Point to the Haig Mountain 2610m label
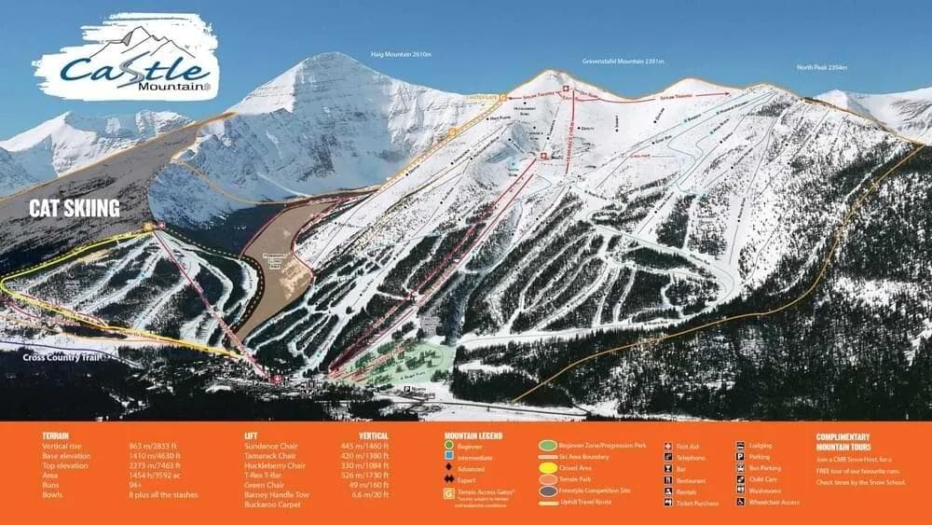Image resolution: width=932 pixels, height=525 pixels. (401, 55)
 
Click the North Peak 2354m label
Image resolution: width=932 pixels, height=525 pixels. (821, 67)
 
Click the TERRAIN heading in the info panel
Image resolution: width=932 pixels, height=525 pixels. (57, 435)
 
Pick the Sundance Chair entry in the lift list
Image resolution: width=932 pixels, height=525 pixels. (271, 447)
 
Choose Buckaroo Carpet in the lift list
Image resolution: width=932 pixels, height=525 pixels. (272, 506)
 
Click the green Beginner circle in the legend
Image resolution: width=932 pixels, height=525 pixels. (451, 447)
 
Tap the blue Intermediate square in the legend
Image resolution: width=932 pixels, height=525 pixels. (451, 458)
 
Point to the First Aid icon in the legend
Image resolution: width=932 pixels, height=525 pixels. (669, 447)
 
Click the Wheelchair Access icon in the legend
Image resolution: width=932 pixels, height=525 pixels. (740, 503)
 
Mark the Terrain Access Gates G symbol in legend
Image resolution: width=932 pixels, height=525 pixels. (450, 490)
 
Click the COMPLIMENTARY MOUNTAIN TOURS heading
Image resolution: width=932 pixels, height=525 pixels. (843, 441)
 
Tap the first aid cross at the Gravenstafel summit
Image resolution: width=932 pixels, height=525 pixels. (565, 89)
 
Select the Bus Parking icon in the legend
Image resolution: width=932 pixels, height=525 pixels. (740, 469)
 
